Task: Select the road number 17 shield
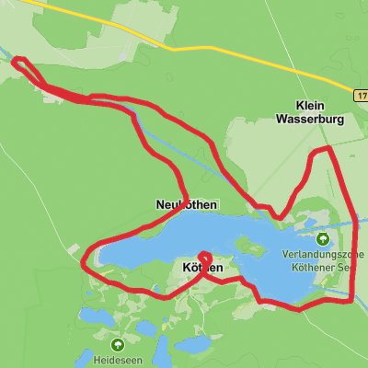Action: [360, 95]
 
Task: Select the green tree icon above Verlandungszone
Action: [322, 240]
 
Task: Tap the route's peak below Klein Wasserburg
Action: [321, 149]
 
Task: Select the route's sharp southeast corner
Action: [352, 297]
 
